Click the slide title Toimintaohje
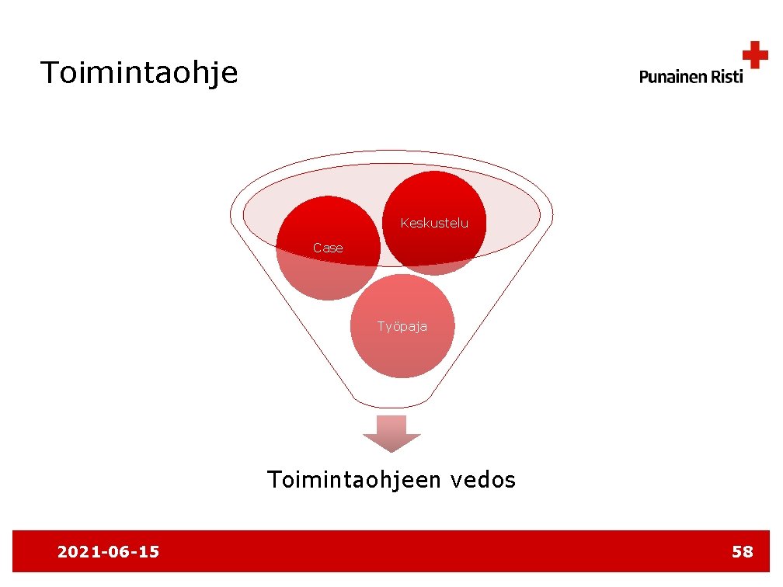(140, 74)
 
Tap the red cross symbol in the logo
(754, 56)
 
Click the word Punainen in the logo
(673, 76)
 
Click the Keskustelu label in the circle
(434, 224)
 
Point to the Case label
(328, 248)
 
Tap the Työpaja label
(402, 326)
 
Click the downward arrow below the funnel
(391, 433)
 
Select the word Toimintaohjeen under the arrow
(355, 481)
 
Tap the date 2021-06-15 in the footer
(108, 552)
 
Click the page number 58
(742, 552)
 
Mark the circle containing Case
(329, 272)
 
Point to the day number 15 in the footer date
(148, 552)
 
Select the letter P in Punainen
(644, 76)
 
